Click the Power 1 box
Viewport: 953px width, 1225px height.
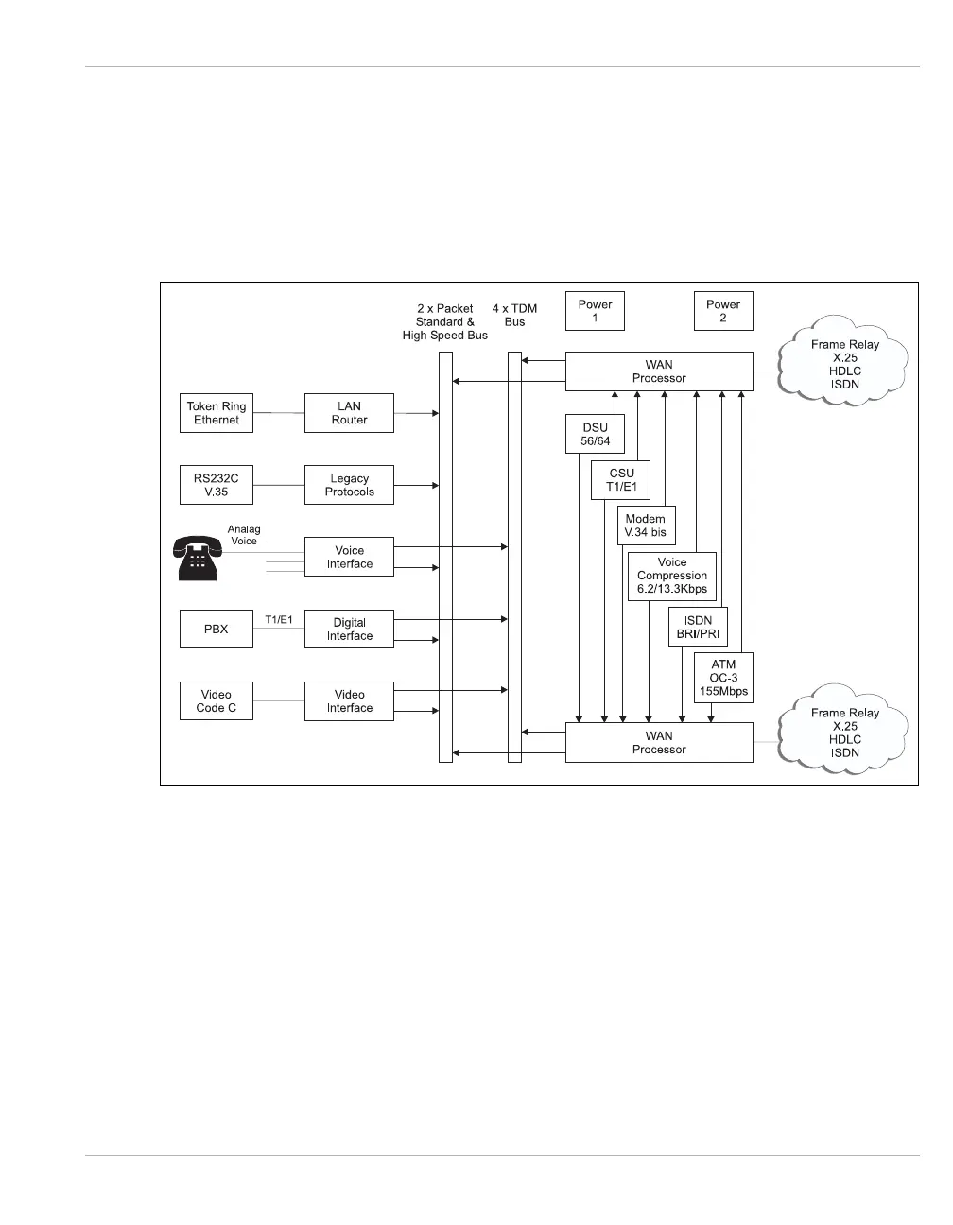[595, 311]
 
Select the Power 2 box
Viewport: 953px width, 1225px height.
[723, 311]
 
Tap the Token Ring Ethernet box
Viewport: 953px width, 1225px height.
[217, 413]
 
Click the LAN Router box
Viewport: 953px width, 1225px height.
[349, 413]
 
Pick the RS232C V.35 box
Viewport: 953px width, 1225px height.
[217, 485]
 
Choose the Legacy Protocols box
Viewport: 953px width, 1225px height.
[349, 485]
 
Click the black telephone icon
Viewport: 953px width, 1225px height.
[196, 558]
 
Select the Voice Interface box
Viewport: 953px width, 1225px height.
[349, 557]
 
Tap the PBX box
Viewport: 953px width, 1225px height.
[217, 629]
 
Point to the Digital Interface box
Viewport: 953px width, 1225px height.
[349, 629]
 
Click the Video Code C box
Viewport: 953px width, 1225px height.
[217, 700]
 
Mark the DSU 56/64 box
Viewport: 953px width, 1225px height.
[595, 434]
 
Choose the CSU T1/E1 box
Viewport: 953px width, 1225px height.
[621, 479]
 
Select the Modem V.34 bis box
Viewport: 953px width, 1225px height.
[645, 526]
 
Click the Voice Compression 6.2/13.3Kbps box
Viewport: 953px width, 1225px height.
[672, 576]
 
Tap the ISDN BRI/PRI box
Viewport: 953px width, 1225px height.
[698, 628]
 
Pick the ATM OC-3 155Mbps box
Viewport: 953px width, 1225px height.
[723, 678]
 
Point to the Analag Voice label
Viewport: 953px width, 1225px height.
[244, 535]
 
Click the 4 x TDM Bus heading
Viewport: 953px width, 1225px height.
[514, 315]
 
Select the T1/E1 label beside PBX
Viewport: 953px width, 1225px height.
[279, 619]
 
